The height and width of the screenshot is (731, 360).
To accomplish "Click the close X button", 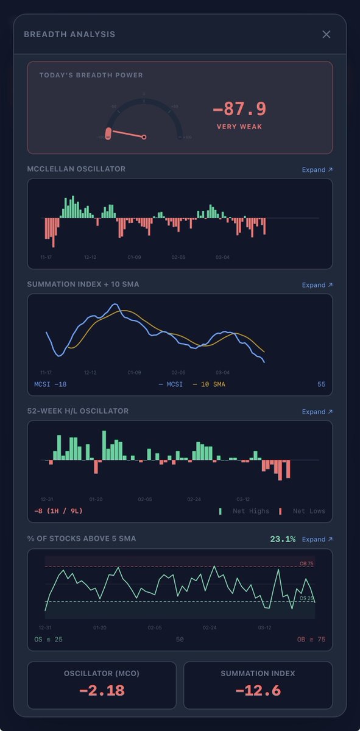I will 326,34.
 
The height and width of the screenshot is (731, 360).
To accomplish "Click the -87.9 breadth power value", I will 239,109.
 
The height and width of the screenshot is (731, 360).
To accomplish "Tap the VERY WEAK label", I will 239,127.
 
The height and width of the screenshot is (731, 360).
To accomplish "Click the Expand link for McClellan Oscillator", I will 317,169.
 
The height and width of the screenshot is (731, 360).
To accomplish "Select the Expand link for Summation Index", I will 317,284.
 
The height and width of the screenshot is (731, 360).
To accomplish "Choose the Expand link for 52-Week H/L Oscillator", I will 317,411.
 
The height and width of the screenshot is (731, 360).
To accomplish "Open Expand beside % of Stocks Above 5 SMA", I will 317,539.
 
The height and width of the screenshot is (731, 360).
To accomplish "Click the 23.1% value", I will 283,539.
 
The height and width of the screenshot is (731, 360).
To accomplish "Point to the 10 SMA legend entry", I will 208,384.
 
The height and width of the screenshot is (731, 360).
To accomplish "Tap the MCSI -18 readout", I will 51,384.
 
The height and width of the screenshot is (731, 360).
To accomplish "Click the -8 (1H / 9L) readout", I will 58,511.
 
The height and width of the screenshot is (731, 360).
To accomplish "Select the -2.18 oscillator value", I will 102,690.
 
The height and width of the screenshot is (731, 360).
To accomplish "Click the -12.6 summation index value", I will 258,690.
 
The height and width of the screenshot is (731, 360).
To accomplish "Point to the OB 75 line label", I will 306,563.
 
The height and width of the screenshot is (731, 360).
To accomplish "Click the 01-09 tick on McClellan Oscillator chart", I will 134,257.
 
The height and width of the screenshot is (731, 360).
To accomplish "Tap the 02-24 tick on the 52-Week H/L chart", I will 194,499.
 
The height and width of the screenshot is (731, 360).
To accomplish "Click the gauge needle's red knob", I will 108,134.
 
